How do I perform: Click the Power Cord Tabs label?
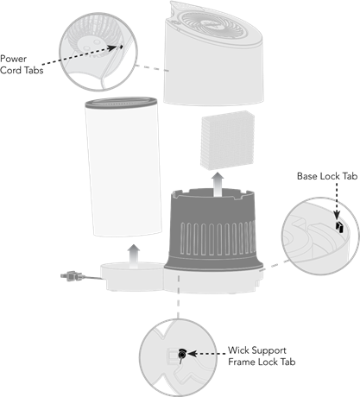22,65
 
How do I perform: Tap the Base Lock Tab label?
327,176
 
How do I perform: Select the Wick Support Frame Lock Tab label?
262,356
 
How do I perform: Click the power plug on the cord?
72,276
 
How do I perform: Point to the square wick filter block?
228,140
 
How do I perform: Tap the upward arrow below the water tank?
134,256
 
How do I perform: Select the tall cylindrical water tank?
123,167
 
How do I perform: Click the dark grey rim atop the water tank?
121,103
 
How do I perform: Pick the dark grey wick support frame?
213,230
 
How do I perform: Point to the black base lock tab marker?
339,227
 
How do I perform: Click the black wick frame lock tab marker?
181,355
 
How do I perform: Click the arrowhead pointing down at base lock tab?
337,215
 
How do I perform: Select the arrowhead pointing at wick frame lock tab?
193,354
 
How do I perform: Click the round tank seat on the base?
132,275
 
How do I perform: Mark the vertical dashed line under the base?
179,296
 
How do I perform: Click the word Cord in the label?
11,70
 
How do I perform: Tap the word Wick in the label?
238,350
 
